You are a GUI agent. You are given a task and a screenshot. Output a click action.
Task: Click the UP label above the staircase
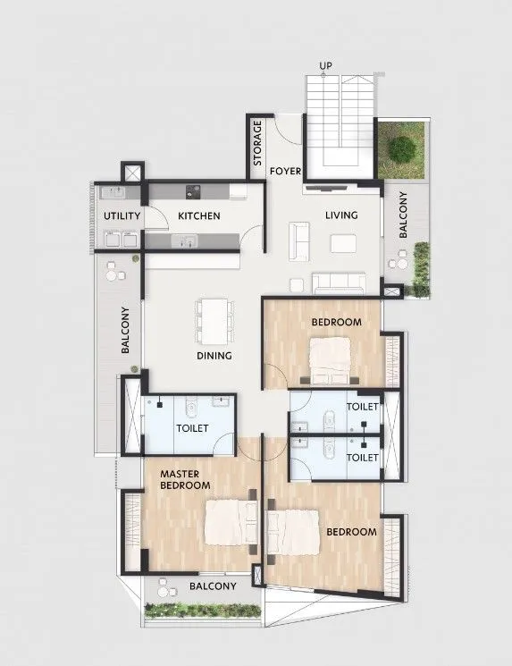point(325,66)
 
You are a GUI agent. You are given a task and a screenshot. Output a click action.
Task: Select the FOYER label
point(286,170)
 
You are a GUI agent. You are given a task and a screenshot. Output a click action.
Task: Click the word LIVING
point(341,215)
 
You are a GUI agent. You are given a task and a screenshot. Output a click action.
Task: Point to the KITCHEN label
point(198,216)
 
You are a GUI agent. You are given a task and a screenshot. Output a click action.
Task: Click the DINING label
point(214,355)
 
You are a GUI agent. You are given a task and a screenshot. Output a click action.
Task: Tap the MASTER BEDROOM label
point(185,478)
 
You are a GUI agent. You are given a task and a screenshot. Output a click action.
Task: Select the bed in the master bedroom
point(231,521)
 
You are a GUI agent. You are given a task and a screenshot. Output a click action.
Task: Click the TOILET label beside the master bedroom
point(192,428)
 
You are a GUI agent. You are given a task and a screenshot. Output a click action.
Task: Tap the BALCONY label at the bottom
point(213,586)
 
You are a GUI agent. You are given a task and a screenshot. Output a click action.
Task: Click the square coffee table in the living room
point(342,243)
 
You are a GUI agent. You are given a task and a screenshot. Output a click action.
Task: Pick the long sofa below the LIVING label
point(339,283)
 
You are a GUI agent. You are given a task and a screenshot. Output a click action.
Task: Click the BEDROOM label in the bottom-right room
point(351,532)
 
